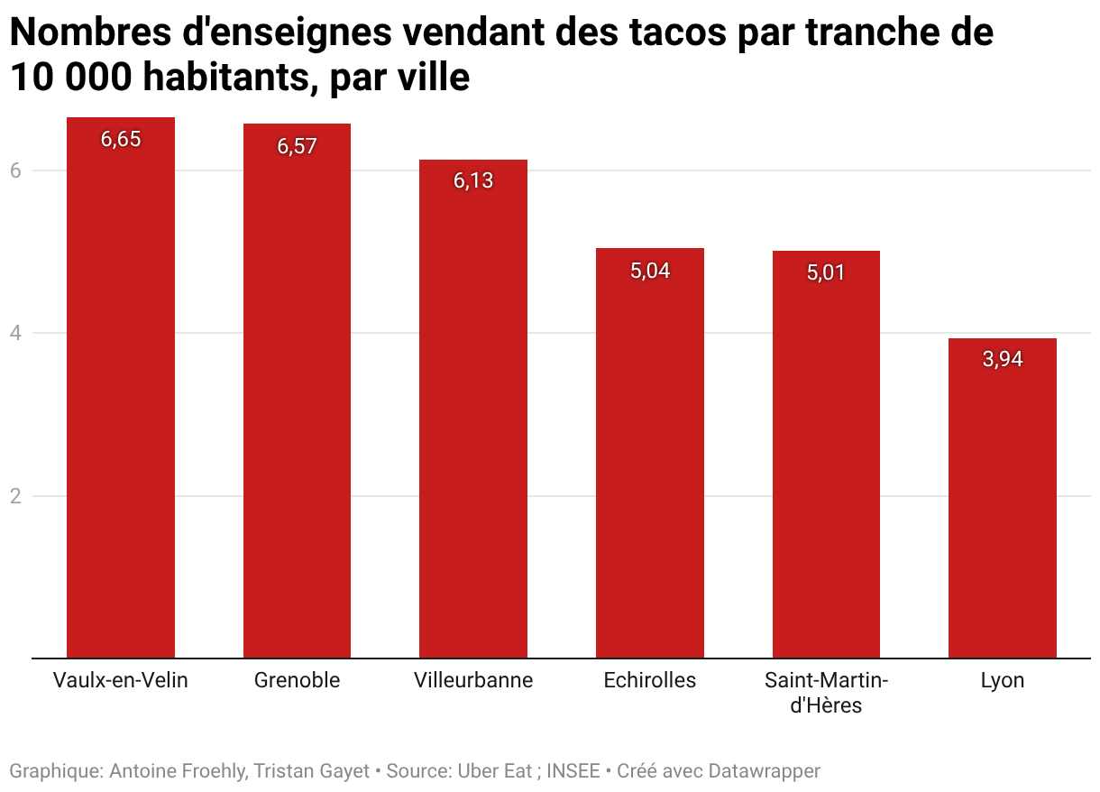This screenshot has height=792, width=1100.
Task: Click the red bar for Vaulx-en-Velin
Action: [x=121, y=388]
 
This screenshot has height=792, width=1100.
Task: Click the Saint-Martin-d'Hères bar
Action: [x=826, y=455]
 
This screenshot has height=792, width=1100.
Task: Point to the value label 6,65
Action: [x=121, y=139]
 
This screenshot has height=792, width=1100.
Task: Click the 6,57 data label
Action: [x=297, y=146]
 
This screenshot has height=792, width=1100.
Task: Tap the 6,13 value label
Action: [x=473, y=180]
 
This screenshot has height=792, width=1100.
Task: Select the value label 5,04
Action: [x=649, y=270]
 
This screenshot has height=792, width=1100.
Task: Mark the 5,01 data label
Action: [x=826, y=272]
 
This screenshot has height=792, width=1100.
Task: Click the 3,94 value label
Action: [x=1002, y=359]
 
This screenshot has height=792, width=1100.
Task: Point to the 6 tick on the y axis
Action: [x=14, y=170]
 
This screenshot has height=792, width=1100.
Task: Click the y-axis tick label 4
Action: [x=14, y=333]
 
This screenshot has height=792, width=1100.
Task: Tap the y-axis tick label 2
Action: [x=14, y=496]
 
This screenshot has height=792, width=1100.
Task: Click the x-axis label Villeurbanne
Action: [x=473, y=680]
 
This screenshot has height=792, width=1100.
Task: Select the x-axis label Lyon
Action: [x=1002, y=680]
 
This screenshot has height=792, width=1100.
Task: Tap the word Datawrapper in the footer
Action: [x=764, y=771]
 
